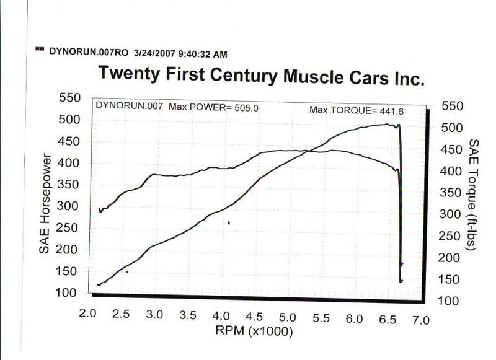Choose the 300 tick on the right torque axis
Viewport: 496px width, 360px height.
tap(454, 214)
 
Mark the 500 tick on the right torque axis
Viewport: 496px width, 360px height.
tap(454, 128)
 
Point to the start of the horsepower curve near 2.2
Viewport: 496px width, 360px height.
tap(99, 284)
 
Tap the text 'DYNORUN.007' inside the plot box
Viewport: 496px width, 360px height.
tap(130, 106)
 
